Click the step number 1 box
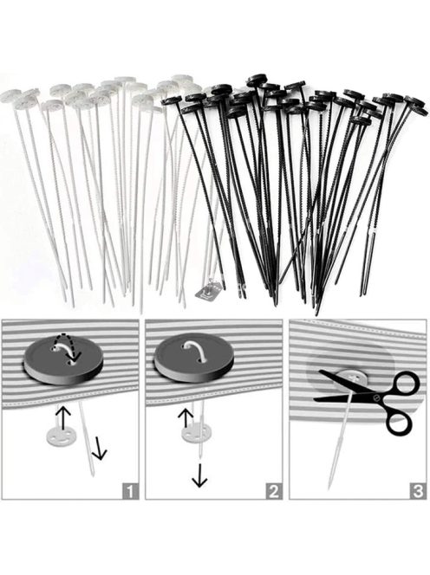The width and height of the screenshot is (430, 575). pyautogui.click(x=130, y=490)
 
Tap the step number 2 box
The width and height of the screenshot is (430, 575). pyautogui.click(x=274, y=490)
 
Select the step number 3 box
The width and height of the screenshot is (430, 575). pyautogui.click(x=418, y=490)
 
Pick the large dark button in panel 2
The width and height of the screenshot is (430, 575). pyautogui.click(x=194, y=357)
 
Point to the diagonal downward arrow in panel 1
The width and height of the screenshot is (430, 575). pyautogui.click(x=99, y=449)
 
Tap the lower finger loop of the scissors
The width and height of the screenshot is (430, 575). pyautogui.click(x=399, y=423)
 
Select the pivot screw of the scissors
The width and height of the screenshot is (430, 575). pyautogui.click(x=376, y=397)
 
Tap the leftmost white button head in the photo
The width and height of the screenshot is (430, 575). pyautogui.click(x=10, y=96)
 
